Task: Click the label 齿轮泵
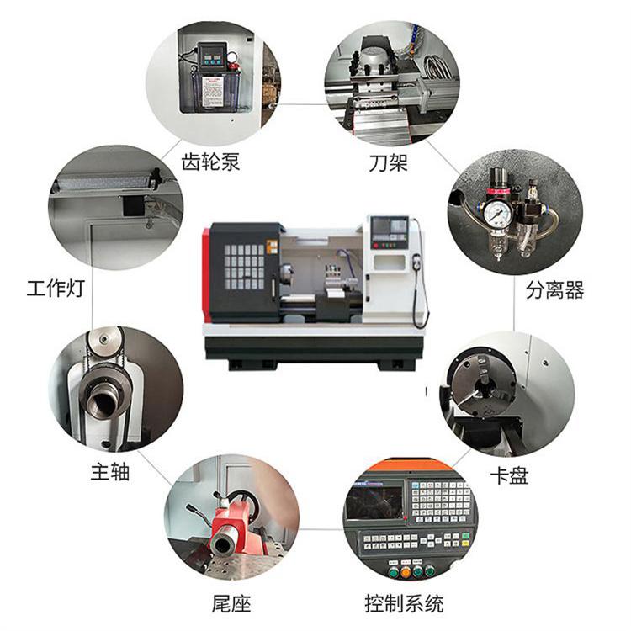[x=210, y=162]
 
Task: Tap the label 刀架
[x=389, y=163]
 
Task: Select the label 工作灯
[x=56, y=288]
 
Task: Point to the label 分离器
[x=555, y=289]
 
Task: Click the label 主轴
[x=110, y=472]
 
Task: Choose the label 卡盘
[x=509, y=475]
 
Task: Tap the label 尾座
[x=231, y=603]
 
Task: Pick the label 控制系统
[x=404, y=603]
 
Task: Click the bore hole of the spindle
[x=99, y=402]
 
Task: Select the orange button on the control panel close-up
[x=406, y=571]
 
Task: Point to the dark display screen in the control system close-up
[x=374, y=502]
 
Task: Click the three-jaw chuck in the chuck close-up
[x=483, y=386]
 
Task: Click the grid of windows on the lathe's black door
[x=244, y=267]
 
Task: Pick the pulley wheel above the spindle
[x=105, y=341]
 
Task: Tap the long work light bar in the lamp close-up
[x=105, y=183]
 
